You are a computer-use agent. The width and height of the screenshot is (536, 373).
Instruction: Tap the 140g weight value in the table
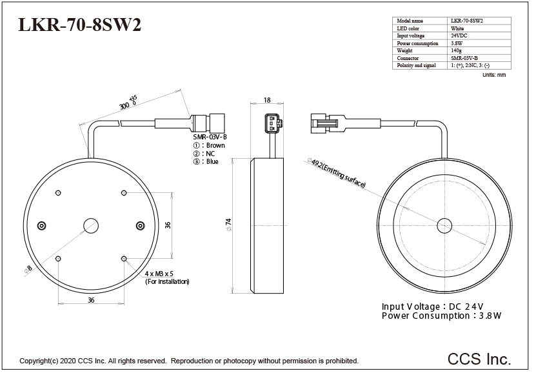[457, 50]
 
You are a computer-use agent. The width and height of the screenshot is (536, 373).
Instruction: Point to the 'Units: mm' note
[494, 76]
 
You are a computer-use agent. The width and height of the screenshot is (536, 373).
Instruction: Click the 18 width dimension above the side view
[267, 100]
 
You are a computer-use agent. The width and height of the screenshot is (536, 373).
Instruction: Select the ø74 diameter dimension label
[228, 225]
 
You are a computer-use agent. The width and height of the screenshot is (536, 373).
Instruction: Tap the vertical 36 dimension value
[168, 225]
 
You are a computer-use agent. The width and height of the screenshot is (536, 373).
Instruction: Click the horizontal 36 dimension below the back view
[91, 300]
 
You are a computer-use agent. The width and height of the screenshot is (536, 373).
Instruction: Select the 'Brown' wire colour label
[215, 146]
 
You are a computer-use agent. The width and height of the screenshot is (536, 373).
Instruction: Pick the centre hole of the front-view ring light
[445, 225]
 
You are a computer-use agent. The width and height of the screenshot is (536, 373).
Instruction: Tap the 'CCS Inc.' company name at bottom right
[479, 358]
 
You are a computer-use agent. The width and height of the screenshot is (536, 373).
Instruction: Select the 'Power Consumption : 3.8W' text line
[441, 316]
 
